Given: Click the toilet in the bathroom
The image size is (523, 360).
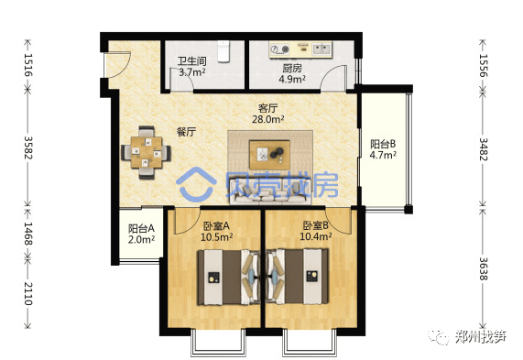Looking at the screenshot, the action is (x=223, y=51).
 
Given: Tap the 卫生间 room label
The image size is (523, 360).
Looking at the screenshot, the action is (x=191, y=61).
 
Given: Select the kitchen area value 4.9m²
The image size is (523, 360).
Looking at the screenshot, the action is (x=292, y=79).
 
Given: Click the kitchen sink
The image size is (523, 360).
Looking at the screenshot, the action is (x=321, y=49).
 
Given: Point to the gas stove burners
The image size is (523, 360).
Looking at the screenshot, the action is (x=279, y=49).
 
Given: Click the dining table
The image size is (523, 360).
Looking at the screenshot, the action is (x=147, y=152).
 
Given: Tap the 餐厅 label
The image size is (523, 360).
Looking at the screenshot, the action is (x=186, y=132).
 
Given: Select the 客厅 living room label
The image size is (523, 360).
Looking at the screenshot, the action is (x=267, y=108).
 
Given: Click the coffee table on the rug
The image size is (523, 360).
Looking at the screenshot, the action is (x=269, y=155).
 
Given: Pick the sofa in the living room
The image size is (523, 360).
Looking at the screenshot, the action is (x=270, y=191).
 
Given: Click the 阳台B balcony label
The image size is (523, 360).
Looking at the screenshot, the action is (x=383, y=144).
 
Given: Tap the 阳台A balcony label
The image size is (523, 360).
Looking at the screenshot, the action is (x=141, y=228).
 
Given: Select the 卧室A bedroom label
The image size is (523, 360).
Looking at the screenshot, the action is (x=216, y=226).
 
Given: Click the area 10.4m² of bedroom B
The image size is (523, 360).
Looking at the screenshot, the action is (x=315, y=236).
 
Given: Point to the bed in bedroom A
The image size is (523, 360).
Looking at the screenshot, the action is (x=229, y=277).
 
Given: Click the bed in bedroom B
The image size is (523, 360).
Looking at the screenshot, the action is (x=297, y=277).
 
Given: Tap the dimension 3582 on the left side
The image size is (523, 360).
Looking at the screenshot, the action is (x=27, y=147).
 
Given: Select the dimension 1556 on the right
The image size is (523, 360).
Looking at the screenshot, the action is (x=483, y=65).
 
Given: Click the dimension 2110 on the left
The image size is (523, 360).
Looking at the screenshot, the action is (x=27, y=293).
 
